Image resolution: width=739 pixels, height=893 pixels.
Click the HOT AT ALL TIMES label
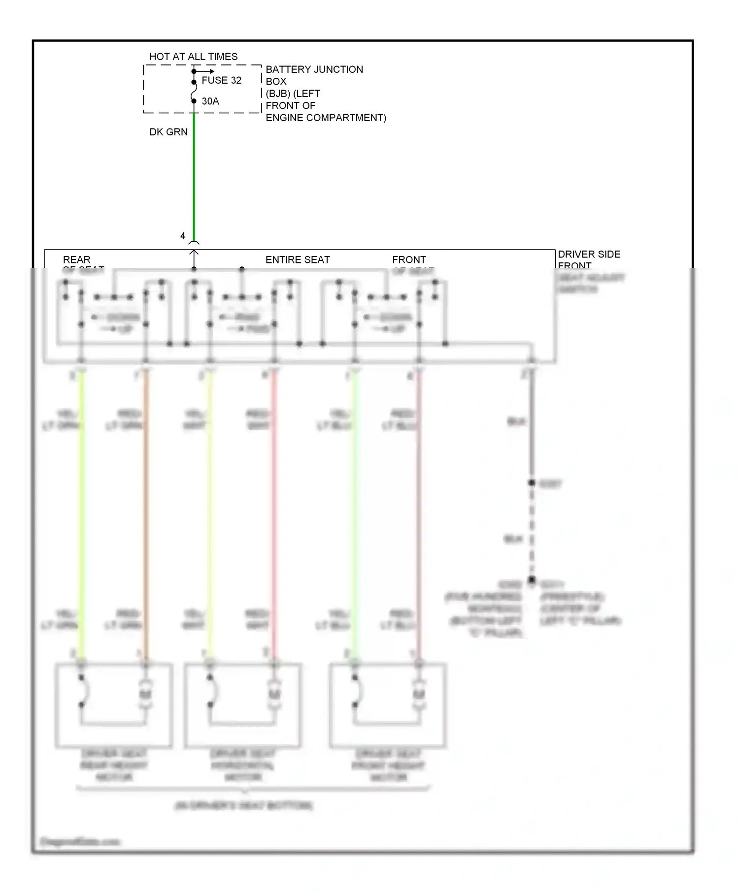click(193, 57)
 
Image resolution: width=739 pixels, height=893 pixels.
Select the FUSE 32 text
click(221, 80)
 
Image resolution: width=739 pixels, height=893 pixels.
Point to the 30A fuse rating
click(210, 101)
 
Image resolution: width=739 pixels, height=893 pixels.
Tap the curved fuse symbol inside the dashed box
click(194, 92)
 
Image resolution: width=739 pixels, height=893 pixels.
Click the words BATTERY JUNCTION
click(314, 69)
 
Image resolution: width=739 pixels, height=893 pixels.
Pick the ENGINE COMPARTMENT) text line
click(326, 118)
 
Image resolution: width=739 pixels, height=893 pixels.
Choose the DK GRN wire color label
click(168, 132)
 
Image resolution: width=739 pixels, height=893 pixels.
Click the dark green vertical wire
click(194, 177)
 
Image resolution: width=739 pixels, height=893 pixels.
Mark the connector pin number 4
click(183, 236)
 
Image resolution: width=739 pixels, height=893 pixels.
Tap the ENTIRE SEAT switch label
click(298, 259)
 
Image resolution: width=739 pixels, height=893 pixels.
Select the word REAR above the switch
click(77, 259)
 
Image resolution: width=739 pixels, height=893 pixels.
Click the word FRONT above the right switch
click(409, 259)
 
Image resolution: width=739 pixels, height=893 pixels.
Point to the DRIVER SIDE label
click(589, 254)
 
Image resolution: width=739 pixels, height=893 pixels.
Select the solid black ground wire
click(532, 428)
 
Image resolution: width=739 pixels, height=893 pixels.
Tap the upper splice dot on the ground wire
click(532, 483)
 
